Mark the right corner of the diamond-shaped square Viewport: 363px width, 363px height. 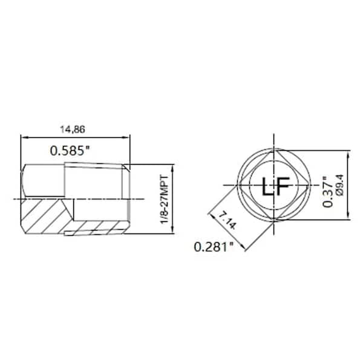308,184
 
